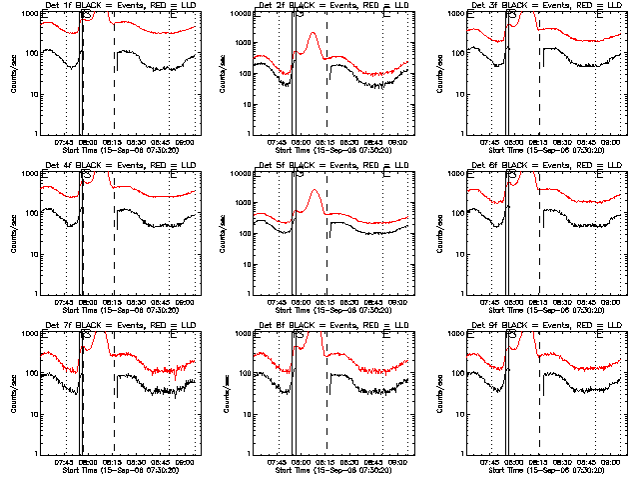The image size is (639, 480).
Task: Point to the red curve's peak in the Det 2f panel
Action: pyautogui.click(x=314, y=34)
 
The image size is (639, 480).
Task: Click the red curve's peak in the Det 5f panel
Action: pyautogui.click(x=314, y=190)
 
